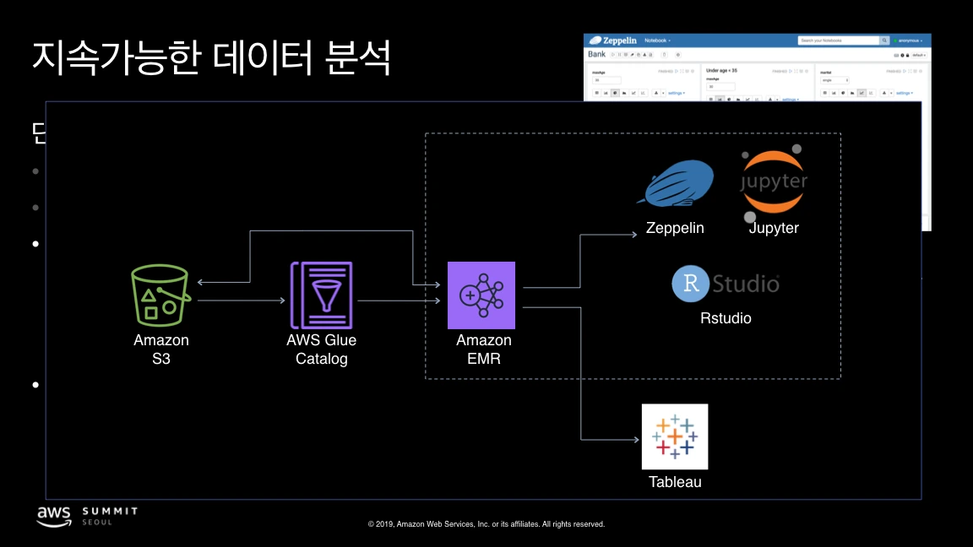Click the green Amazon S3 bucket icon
click(x=160, y=295)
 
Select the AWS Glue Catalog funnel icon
click(x=322, y=295)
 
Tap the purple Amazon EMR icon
click(x=481, y=295)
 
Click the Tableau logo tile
click(x=675, y=436)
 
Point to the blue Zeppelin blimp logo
click(x=680, y=183)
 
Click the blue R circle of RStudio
click(x=690, y=284)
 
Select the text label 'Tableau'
click(x=675, y=482)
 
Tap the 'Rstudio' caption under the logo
click(x=726, y=318)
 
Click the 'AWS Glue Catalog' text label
click(x=322, y=349)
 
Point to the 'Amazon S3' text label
click(x=161, y=349)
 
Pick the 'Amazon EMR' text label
click(x=484, y=349)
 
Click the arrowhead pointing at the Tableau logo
click(x=636, y=440)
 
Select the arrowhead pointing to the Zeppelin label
click(x=636, y=236)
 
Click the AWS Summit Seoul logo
click(x=86, y=516)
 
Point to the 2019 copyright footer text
click(x=486, y=524)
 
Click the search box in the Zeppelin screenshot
click(x=838, y=41)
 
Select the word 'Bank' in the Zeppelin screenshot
click(x=597, y=54)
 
